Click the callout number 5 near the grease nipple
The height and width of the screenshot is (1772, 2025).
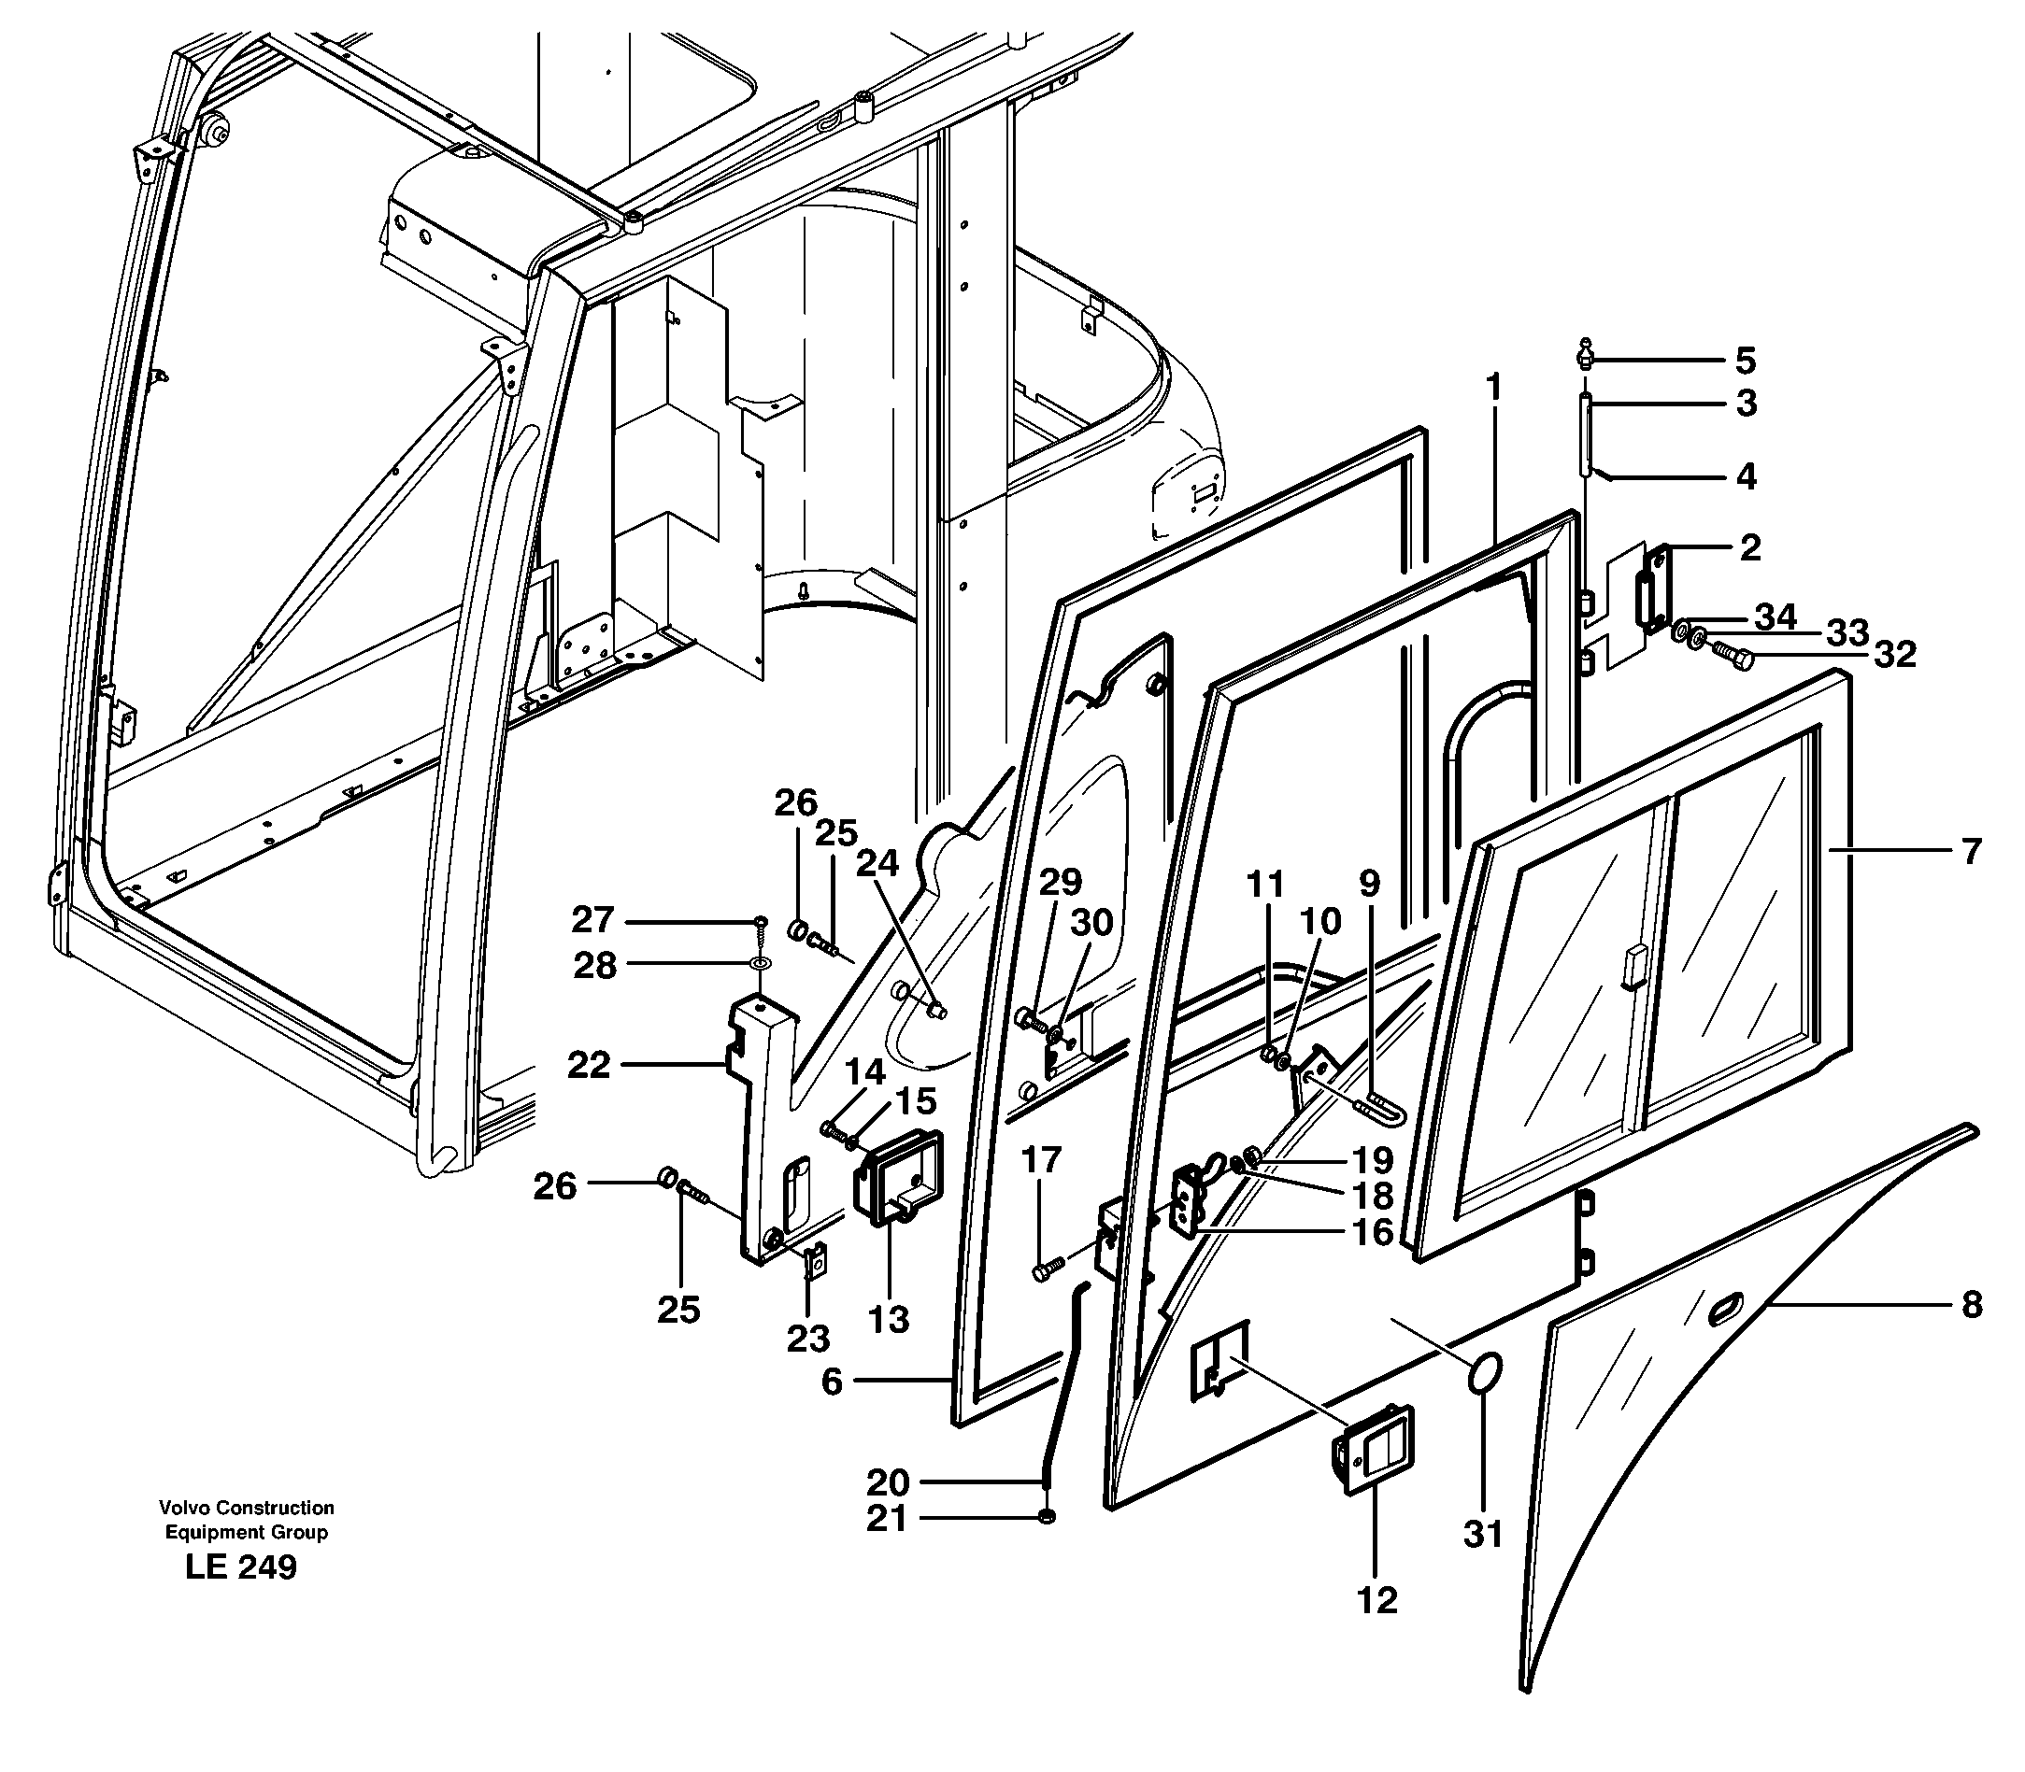(x=1745, y=361)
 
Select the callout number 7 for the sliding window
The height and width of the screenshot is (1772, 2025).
(x=1971, y=850)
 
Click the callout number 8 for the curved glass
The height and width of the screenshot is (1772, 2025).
(x=1971, y=1305)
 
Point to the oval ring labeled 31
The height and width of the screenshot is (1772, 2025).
(x=1485, y=1373)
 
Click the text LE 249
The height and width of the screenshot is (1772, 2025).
(x=240, y=1567)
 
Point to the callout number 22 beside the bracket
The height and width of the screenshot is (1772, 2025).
(x=588, y=1065)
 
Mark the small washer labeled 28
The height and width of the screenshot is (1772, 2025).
(x=760, y=962)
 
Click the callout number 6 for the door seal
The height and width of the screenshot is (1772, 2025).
(x=831, y=1381)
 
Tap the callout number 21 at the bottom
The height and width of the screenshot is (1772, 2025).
(x=887, y=1519)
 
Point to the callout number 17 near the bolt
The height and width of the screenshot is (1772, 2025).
(x=1041, y=1159)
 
